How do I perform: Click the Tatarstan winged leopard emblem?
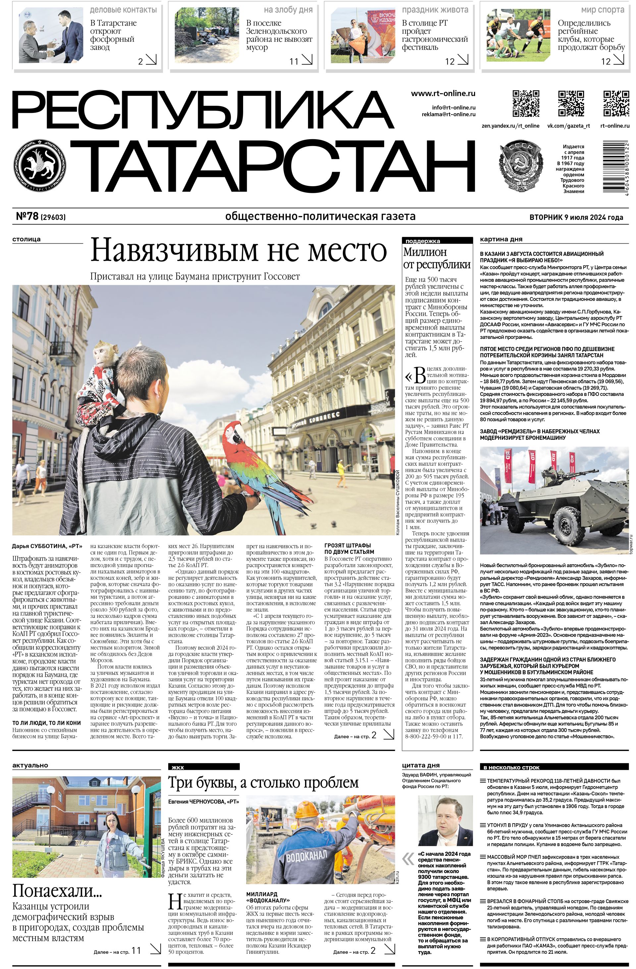tap(39, 167)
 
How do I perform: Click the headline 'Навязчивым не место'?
tap(238, 250)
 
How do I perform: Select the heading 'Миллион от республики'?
tap(437, 258)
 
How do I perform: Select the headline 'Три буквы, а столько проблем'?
tap(263, 783)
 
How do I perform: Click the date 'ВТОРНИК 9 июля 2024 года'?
tap(576, 217)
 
